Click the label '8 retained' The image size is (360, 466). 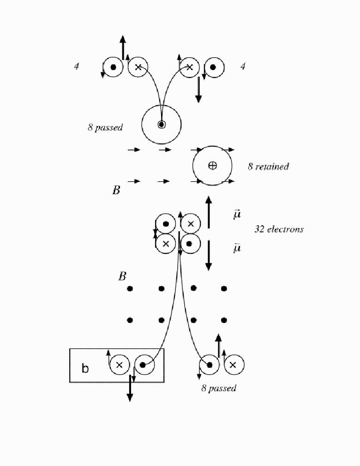point(268,167)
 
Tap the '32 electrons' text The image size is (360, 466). point(279,229)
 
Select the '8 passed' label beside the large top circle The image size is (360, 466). point(105,127)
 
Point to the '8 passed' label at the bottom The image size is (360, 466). point(219,388)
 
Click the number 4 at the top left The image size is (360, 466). point(77,66)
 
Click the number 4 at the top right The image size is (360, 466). point(243,66)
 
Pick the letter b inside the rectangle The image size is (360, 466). point(85,368)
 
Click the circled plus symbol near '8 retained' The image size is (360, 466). point(212,165)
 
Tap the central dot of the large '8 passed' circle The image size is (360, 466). point(162,124)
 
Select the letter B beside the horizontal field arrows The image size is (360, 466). point(116,190)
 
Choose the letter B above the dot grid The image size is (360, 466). point(122,276)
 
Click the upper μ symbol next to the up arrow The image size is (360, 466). point(237,214)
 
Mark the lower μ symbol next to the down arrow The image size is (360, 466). point(237,248)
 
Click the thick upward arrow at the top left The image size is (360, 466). point(123,48)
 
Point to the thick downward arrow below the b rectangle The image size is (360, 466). point(130,388)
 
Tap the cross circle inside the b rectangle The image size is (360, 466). point(120,364)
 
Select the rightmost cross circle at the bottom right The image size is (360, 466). point(234,364)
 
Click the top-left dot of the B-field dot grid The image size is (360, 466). point(130,288)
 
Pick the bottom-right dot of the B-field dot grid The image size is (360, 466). point(224,320)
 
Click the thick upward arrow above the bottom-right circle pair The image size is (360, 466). point(218,346)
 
